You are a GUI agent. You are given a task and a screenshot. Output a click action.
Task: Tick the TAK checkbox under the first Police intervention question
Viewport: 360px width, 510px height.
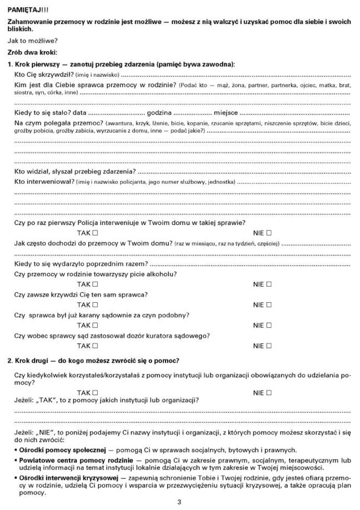click(95, 233)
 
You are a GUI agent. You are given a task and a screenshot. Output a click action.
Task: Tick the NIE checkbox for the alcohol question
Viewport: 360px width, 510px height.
click(269, 284)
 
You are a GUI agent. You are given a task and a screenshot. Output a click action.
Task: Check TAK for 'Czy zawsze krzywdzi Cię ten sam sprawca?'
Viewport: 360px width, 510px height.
click(95, 304)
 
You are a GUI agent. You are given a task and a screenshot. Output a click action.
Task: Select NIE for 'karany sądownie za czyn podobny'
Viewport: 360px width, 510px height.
click(269, 325)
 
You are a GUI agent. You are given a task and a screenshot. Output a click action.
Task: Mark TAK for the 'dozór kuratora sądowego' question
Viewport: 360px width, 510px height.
click(95, 346)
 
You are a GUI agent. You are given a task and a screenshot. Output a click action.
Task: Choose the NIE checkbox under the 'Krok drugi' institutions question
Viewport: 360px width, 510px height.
click(269, 392)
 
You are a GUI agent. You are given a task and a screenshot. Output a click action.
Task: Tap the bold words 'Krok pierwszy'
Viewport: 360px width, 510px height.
click(34, 64)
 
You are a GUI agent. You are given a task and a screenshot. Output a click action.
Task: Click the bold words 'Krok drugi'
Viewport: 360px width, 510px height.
click(32, 361)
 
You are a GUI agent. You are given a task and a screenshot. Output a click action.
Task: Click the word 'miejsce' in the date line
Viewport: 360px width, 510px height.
click(225, 113)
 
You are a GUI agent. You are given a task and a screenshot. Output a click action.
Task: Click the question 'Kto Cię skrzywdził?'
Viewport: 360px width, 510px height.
click(41, 74)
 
